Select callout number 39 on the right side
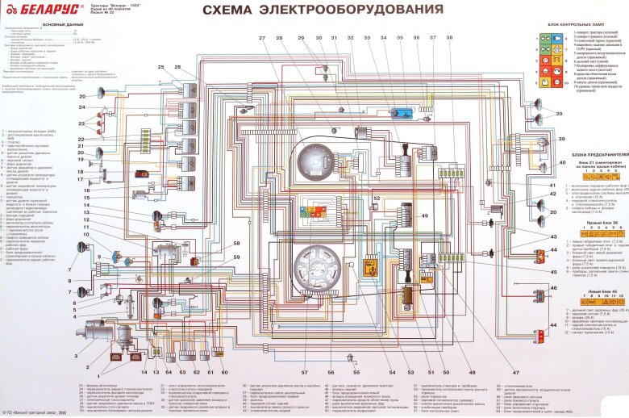[564, 140]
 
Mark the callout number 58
[237, 243]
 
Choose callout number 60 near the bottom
[224, 372]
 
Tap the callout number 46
[553, 287]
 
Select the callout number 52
[376, 198]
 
